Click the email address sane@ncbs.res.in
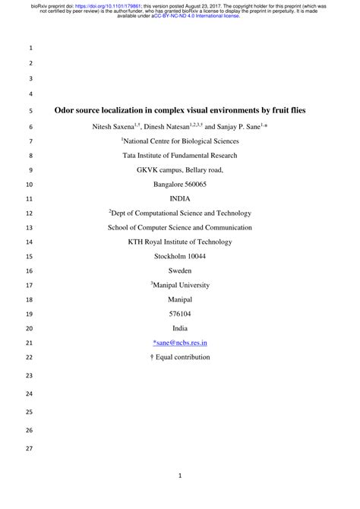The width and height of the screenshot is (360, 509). (180, 343)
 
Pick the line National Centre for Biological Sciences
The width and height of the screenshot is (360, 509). (181, 141)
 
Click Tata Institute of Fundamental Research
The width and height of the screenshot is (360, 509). (180, 155)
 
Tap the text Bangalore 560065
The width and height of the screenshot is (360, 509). (180, 185)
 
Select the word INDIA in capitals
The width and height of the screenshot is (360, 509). (180, 199)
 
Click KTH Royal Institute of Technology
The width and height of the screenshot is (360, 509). (180, 242)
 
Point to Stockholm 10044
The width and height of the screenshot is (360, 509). (180, 256)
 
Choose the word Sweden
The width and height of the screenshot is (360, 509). (180, 270)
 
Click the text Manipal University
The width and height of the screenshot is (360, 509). (181, 285)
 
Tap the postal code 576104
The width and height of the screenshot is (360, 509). (180, 314)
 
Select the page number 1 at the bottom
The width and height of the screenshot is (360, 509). (180, 476)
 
